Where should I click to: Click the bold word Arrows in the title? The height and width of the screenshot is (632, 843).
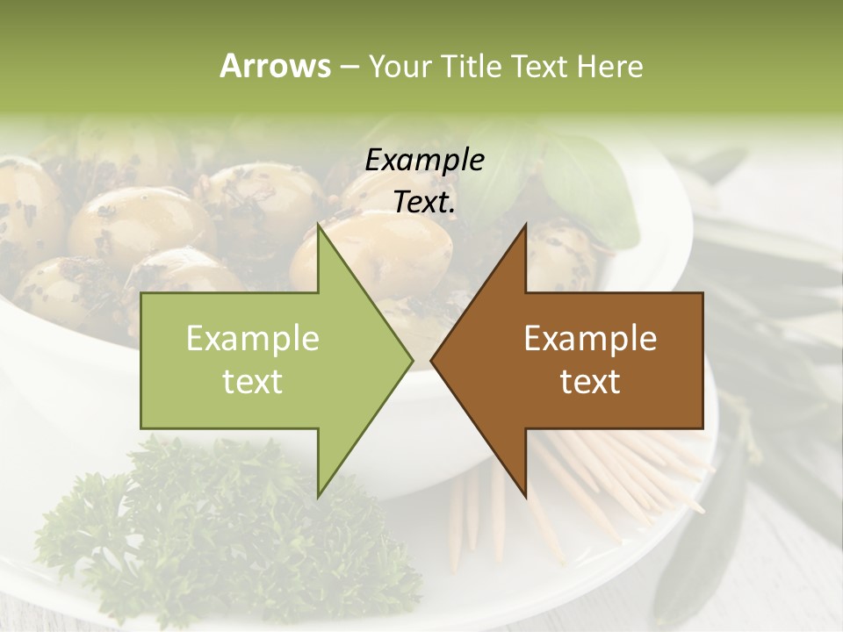275,66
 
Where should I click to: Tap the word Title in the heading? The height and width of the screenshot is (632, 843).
472,67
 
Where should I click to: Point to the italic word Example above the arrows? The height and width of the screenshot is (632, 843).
424,161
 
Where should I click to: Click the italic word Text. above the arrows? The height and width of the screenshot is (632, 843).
424,202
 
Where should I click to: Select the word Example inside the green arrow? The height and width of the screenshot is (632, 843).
252,339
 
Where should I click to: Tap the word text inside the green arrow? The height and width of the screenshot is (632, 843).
252,382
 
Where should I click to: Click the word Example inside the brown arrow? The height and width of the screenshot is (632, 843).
590,339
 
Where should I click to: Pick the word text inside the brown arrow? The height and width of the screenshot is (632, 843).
590,382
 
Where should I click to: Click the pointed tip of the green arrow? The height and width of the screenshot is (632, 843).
411,360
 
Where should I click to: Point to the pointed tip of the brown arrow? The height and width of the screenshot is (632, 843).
432,360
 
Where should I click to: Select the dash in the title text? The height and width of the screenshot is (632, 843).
349,67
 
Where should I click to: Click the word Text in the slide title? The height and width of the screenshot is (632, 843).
539,67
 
